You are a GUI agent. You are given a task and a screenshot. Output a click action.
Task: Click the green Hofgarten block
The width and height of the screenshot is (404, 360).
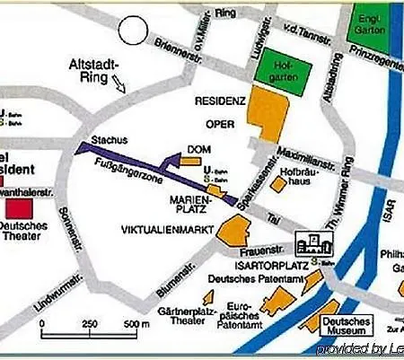[279, 67]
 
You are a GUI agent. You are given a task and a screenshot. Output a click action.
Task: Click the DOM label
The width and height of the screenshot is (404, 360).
[198, 149]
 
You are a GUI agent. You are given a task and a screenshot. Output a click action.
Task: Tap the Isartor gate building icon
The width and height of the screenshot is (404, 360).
[313, 239]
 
